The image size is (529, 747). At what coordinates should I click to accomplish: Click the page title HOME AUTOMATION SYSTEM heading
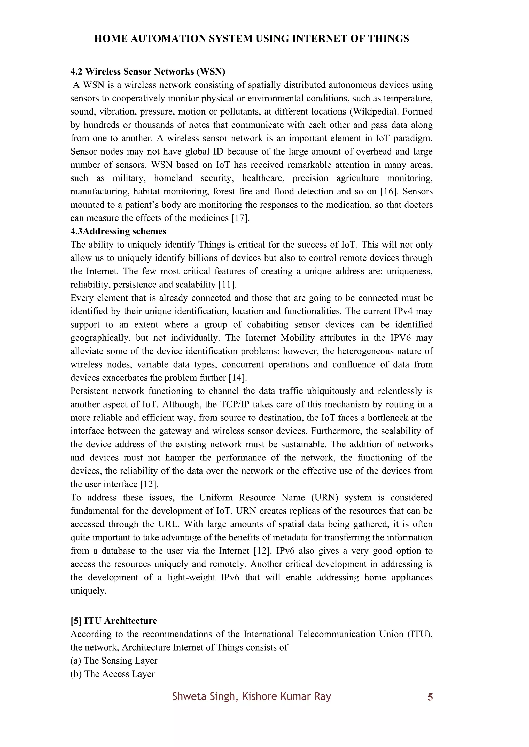[252, 39]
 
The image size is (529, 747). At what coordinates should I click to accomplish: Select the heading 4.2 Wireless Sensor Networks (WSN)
[148, 71]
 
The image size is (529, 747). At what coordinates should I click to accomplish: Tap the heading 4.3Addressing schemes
[118, 231]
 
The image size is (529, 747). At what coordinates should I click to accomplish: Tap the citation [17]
[240, 218]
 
